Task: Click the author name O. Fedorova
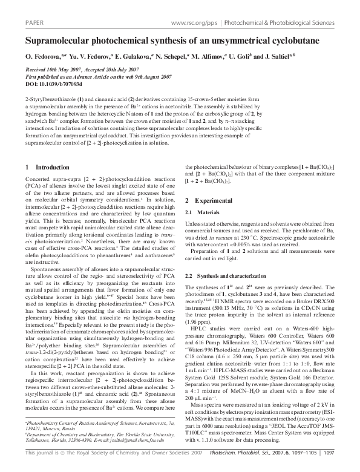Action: [x=42, y=57]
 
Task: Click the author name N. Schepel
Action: [x=169, y=57]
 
